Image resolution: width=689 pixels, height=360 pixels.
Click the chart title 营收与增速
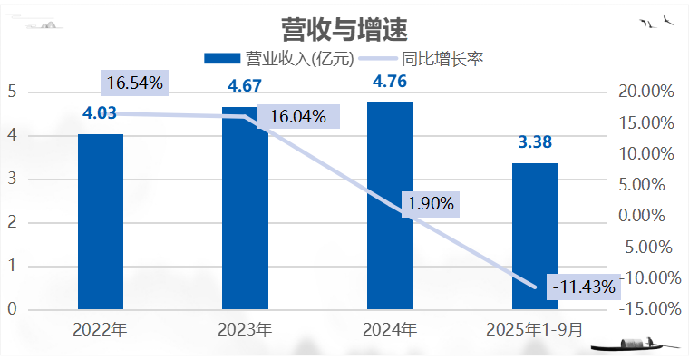pos(344,29)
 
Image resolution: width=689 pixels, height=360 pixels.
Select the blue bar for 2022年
pos(101,222)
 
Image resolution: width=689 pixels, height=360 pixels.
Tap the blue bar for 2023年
pos(245,208)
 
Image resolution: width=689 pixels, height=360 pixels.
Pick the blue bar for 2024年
pos(390,206)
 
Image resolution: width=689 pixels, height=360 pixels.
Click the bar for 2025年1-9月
pos(535,236)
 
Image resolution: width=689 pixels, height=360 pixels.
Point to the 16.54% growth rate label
pos(134,83)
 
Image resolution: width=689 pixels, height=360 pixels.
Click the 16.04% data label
pos(298,116)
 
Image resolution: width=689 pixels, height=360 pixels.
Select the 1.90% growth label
pos(431,204)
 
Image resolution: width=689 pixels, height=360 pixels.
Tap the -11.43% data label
pos(584,287)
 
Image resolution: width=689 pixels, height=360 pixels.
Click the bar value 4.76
pos(390,82)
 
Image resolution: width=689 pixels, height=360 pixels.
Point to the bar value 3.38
pos(535,142)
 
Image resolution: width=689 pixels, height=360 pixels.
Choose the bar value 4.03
pos(100,113)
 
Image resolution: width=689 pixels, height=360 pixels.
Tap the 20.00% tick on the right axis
pos(645,92)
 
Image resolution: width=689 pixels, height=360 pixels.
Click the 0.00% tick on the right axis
pos(642,216)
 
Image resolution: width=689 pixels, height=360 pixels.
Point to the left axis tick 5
pos(12,92)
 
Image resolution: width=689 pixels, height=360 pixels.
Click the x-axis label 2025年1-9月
pos(535,330)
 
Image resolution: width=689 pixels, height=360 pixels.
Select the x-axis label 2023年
pos(245,330)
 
